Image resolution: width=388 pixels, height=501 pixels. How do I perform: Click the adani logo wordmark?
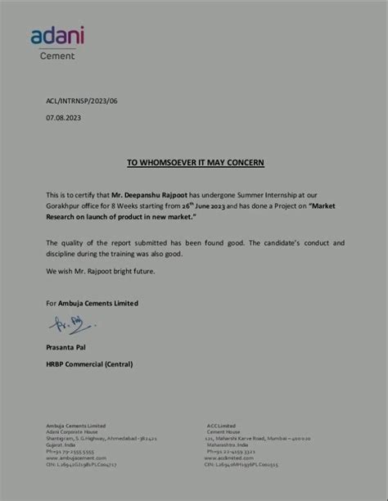coord(57,35)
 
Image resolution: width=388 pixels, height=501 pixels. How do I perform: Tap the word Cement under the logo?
coord(57,56)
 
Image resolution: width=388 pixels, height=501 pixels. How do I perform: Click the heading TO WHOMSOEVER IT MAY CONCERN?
coord(195,163)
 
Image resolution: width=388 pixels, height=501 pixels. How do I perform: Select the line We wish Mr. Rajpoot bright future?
coord(100,271)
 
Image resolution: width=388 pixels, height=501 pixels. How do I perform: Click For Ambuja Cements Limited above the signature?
coord(92,303)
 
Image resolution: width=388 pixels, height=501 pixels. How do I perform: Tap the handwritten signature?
coord(74,327)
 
